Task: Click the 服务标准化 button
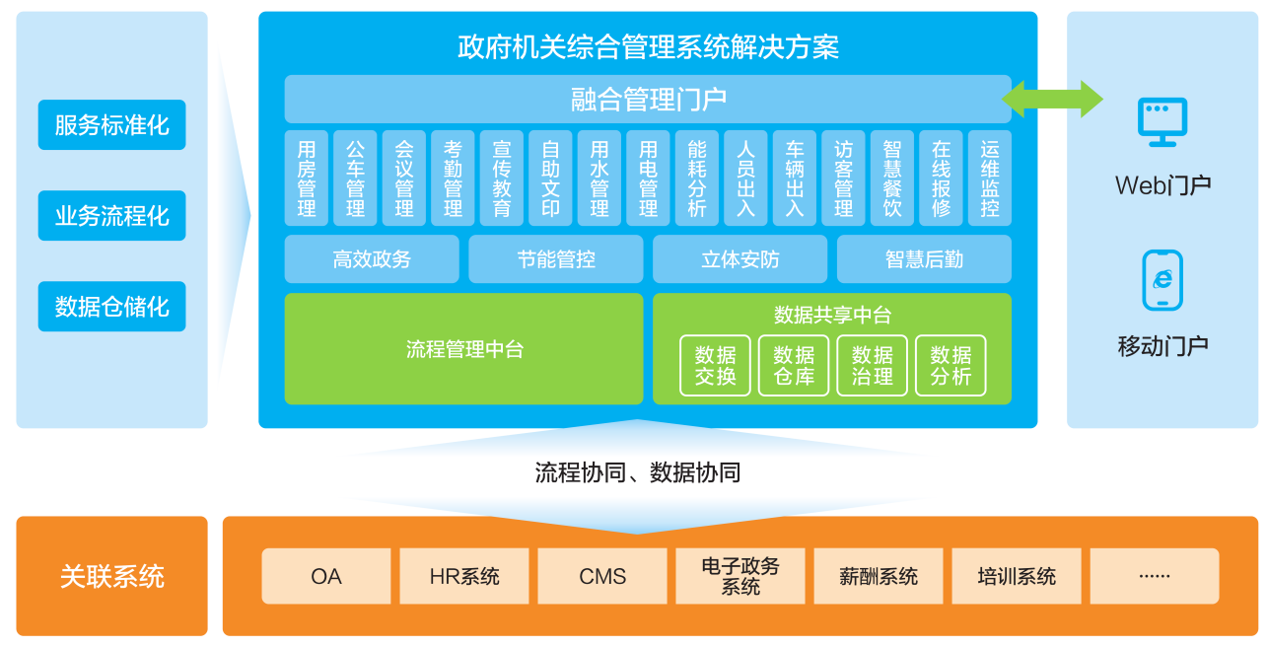pyautogui.click(x=111, y=125)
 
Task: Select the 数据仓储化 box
pyautogui.click(x=111, y=307)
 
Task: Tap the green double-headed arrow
pyautogui.click(x=1052, y=100)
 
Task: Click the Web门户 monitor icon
pyautogui.click(x=1162, y=121)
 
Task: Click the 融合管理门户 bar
pyautogui.click(x=648, y=100)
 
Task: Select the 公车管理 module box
pyautogui.click(x=355, y=179)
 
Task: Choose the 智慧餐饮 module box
pyautogui.click(x=892, y=179)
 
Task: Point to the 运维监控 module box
pyautogui.click(x=990, y=179)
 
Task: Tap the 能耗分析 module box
pyautogui.click(x=697, y=179)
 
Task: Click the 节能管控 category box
pyautogui.click(x=556, y=259)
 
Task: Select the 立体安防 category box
pyautogui.click(x=740, y=259)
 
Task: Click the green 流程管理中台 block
pyautogui.click(x=463, y=349)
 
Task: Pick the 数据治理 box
pyautogui.click(x=873, y=366)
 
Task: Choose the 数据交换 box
pyautogui.click(x=715, y=366)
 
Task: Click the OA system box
pyautogui.click(x=326, y=576)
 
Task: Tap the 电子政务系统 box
pyautogui.click(x=740, y=576)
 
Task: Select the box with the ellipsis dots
pyautogui.click(x=1155, y=576)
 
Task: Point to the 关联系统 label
pyautogui.click(x=111, y=576)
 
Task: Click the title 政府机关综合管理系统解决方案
pyautogui.click(x=648, y=46)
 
